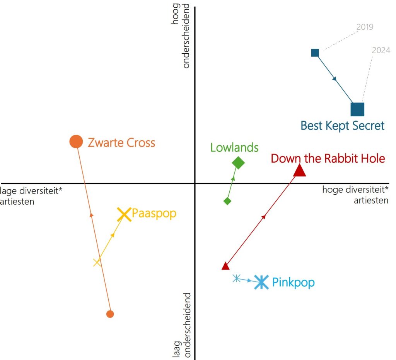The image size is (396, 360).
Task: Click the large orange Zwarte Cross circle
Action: tap(76, 141)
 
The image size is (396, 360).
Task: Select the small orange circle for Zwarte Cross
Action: tap(110, 314)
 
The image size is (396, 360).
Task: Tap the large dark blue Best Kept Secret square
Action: tap(357, 109)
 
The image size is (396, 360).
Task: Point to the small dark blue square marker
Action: tap(315, 53)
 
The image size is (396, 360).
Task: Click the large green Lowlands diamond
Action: tap(238, 163)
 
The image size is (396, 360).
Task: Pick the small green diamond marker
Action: tap(227, 201)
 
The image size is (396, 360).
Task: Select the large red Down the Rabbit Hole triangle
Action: tap(300, 170)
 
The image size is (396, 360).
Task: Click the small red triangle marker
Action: tap(225, 266)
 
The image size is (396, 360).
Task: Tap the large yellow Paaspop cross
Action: tap(124, 214)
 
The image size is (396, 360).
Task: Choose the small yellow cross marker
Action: tap(97, 262)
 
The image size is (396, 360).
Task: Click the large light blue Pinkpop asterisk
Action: tap(261, 282)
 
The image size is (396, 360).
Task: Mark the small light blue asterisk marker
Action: tap(236, 278)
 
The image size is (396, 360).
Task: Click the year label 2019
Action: tap(365, 27)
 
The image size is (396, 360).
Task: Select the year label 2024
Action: tap(381, 50)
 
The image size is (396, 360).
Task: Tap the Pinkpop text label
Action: tap(294, 282)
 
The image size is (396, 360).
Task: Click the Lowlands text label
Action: tap(234, 148)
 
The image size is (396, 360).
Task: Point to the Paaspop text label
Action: tap(154, 214)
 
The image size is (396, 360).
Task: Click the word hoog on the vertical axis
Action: tap(175, 14)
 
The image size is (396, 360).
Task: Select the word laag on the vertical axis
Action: tap(177, 349)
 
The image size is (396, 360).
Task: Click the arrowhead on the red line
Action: tap(263, 217)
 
